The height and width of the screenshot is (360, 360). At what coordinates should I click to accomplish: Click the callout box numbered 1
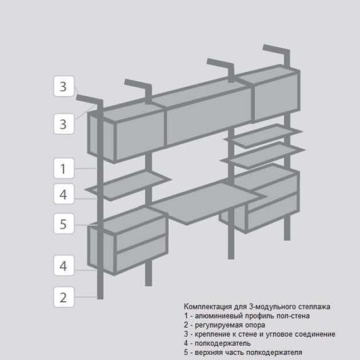(64, 168)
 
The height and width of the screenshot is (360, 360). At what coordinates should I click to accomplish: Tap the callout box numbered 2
(64, 297)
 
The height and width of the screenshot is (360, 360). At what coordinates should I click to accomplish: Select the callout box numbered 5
(64, 224)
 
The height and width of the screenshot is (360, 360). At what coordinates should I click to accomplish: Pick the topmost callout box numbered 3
(64, 86)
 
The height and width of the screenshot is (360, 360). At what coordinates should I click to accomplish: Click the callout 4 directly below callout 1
(64, 194)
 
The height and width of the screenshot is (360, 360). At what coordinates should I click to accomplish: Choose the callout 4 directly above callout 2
(64, 265)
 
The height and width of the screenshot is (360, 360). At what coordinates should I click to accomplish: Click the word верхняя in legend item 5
(208, 352)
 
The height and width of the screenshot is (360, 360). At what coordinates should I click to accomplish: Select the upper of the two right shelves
(263, 136)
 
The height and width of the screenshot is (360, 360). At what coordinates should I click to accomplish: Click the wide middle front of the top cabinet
(209, 117)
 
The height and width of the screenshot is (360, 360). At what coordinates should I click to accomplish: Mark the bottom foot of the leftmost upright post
(101, 296)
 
